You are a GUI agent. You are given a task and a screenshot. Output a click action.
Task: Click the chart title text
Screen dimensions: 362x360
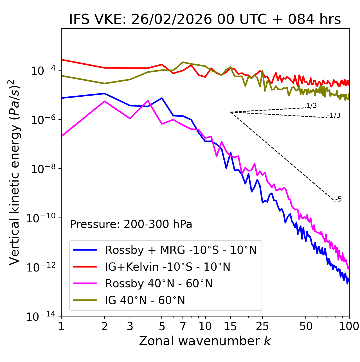coord(205,20)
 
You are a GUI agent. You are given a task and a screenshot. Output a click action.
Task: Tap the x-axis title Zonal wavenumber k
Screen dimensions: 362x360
coord(205,341)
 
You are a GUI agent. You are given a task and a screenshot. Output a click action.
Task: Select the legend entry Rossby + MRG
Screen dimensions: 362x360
coord(181,250)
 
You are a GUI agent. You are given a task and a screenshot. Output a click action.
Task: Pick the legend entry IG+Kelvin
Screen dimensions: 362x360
coord(167,267)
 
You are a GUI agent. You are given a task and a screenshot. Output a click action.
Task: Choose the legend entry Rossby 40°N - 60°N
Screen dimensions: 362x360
coord(159,284)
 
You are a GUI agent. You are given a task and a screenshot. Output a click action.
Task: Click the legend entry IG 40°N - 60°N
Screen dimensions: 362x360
coord(145,300)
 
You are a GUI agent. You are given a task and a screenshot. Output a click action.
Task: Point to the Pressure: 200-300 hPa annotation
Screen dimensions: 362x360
coord(131,224)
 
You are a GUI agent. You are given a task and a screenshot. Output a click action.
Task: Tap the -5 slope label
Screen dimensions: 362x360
coord(339,200)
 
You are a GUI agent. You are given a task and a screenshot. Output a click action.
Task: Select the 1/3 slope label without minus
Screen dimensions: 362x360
coord(312,106)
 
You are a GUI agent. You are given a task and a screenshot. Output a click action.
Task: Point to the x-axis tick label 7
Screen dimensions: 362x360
coord(183,326)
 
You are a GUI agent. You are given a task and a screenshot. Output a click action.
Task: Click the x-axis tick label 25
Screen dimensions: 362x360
coord(262,326)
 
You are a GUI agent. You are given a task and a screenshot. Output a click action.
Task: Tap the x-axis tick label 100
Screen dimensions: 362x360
coord(349,326)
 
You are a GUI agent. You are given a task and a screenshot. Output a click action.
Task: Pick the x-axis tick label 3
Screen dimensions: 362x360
coord(130,326)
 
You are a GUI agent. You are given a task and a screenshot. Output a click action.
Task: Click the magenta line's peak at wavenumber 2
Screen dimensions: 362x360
coord(105,101)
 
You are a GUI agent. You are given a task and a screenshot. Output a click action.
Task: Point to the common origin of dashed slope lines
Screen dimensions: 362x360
coord(231,112)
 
